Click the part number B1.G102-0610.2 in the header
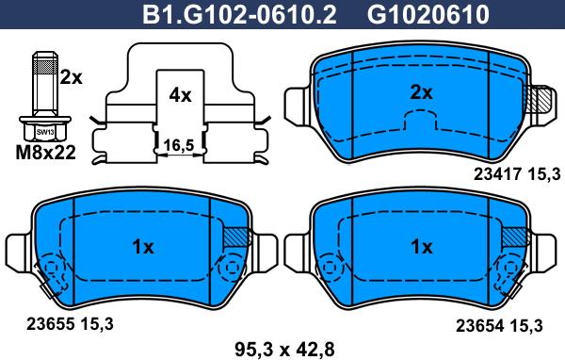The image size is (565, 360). [239, 15]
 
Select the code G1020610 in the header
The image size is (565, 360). [428, 15]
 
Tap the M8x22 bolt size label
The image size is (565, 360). [46, 153]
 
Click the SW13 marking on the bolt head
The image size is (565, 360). [45, 132]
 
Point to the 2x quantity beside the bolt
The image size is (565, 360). [71, 77]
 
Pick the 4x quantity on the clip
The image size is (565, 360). [180, 95]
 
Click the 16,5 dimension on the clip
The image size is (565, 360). [179, 146]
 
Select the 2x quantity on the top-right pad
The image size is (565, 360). [421, 93]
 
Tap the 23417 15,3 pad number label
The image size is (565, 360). [517, 174]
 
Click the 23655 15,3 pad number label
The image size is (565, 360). [70, 324]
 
